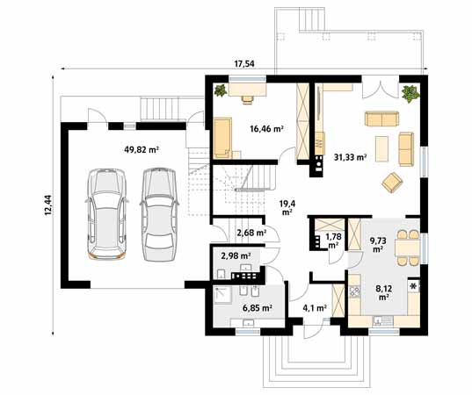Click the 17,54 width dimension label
(x=245, y=64)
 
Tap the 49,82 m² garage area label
(x=141, y=149)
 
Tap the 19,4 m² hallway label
(x=287, y=207)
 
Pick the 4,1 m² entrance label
(x=314, y=308)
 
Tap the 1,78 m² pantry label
(x=333, y=241)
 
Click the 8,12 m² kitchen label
(x=383, y=292)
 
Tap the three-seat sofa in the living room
(x=381, y=120)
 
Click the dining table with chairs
(x=405, y=248)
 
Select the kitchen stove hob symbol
(x=413, y=287)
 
